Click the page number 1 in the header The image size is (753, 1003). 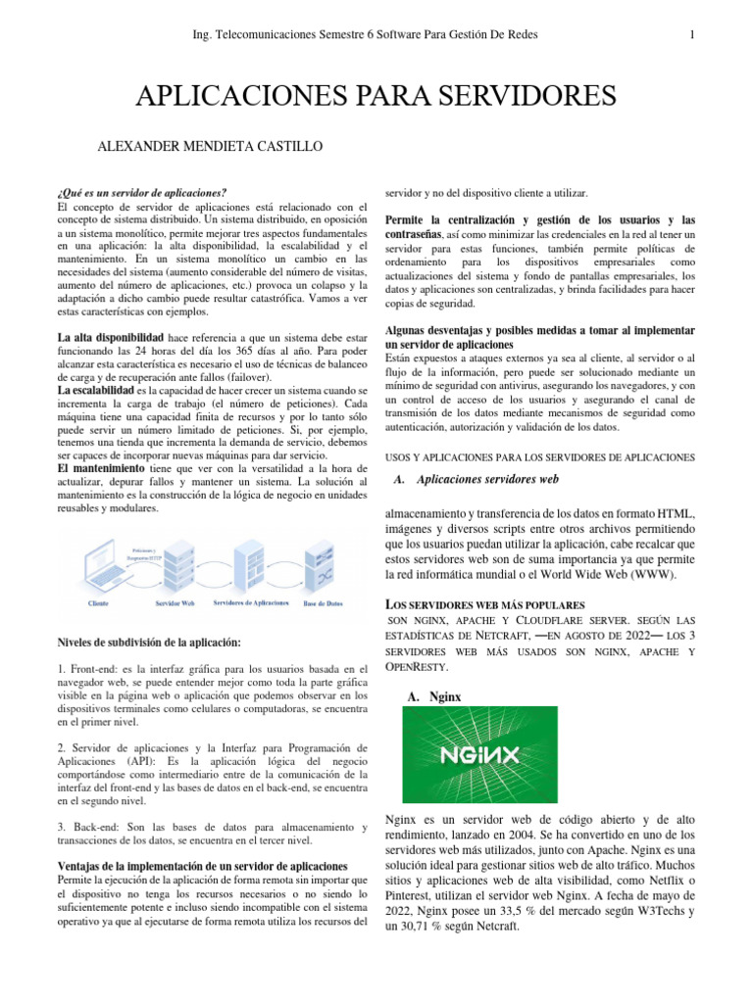click(x=692, y=36)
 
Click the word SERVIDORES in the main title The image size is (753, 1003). click(x=514, y=96)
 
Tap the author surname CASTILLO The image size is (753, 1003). click(x=279, y=146)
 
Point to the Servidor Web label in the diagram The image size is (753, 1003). click(x=175, y=603)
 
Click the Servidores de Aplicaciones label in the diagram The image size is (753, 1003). click(x=251, y=603)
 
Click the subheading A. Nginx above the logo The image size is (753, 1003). click(x=432, y=697)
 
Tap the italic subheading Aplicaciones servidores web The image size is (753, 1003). click(x=487, y=480)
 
